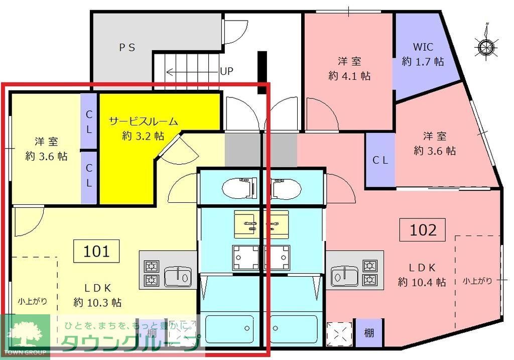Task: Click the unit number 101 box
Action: coord(97,251)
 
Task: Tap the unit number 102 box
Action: coord(424,230)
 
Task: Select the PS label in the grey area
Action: coord(127,47)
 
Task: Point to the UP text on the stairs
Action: coord(226,71)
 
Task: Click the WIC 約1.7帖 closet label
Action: coord(423,54)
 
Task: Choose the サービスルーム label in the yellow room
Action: coord(144,121)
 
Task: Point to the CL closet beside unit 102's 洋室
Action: coord(380,161)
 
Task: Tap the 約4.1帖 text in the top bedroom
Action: coord(349,76)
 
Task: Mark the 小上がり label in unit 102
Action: coord(477,281)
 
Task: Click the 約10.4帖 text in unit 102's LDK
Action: coord(422,282)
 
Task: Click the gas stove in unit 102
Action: coord(370,272)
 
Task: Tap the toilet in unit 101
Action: coord(240,187)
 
